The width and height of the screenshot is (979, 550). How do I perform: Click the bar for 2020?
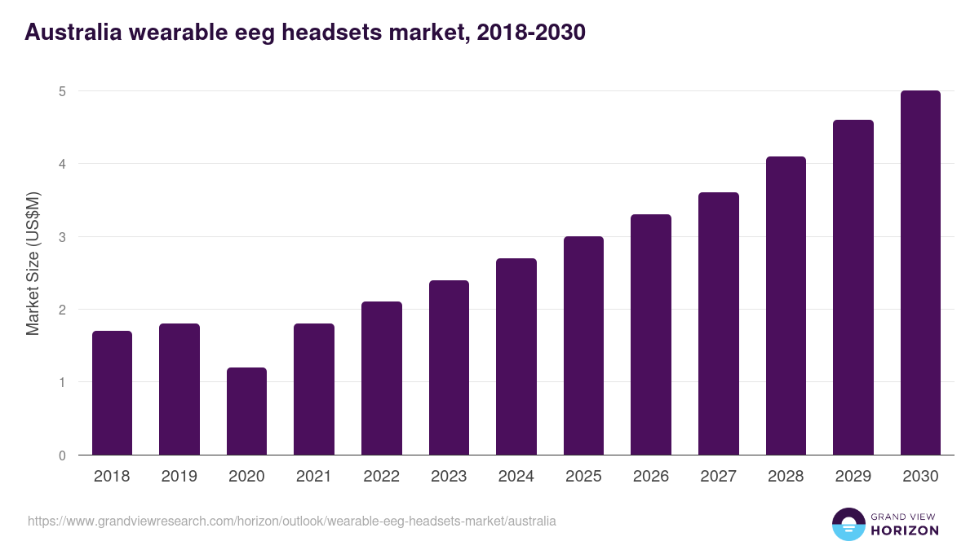click(x=246, y=411)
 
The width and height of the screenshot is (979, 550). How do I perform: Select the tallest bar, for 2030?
click(x=920, y=273)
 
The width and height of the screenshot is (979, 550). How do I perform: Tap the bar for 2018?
click(x=112, y=393)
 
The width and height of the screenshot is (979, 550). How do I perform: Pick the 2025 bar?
click(x=583, y=345)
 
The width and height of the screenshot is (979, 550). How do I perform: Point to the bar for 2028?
click(x=786, y=306)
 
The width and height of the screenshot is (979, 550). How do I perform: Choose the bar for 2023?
click(x=449, y=367)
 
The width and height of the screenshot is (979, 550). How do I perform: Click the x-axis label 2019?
click(x=179, y=477)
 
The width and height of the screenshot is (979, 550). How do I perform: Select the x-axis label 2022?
click(x=381, y=477)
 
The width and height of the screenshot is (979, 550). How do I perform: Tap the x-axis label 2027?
click(x=718, y=477)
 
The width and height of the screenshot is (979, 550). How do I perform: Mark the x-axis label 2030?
click(x=920, y=477)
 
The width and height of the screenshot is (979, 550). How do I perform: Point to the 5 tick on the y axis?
click(x=61, y=91)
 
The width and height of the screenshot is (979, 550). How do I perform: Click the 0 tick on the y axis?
click(x=61, y=455)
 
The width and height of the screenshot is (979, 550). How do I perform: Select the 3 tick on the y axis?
click(x=61, y=237)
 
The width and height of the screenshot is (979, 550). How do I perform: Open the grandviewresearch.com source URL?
click(x=292, y=521)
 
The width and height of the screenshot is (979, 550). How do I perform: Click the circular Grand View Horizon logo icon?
click(x=848, y=524)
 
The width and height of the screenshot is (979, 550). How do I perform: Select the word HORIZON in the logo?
click(x=905, y=530)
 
